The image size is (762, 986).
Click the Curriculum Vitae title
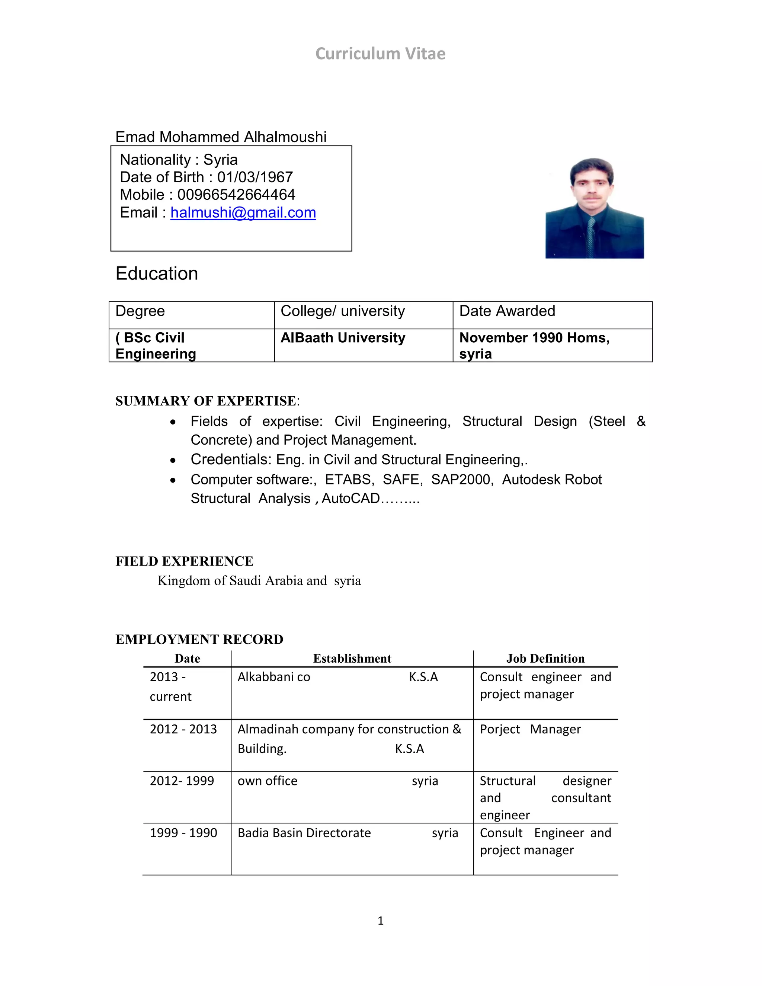pyautogui.click(x=380, y=54)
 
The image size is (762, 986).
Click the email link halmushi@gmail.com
pyautogui.click(x=243, y=212)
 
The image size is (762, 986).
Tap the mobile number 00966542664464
pyautogui.click(x=236, y=195)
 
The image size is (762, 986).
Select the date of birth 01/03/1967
pyautogui.click(x=255, y=177)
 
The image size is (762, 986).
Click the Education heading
pyautogui.click(x=157, y=273)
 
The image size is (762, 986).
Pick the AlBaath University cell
pyautogui.click(x=343, y=338)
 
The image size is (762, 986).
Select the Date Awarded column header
pyautogui.click(x=507, y=311)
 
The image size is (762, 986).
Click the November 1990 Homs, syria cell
pyautogui.click(x=534, y=345)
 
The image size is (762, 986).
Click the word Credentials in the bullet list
pyautogui.click(x=230, y=460)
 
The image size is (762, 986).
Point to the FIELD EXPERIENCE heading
pyautogui.click(x=184, y=561)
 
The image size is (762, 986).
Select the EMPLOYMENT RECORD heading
pyautogui.click(x=199, y=639)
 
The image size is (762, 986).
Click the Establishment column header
pyautogui.click(x=352, y=659)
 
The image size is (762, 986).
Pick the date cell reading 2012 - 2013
pyautogui.click(x=183, y=729)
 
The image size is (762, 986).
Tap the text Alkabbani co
pyautogui.click(x=273, y=677)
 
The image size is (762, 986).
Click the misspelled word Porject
pyautogui.click(x=500, y=730)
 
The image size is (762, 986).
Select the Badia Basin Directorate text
pyautogui.click(x=304, y=833)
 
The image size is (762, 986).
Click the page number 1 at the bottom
pyautogui.click(x=381, y=921)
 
